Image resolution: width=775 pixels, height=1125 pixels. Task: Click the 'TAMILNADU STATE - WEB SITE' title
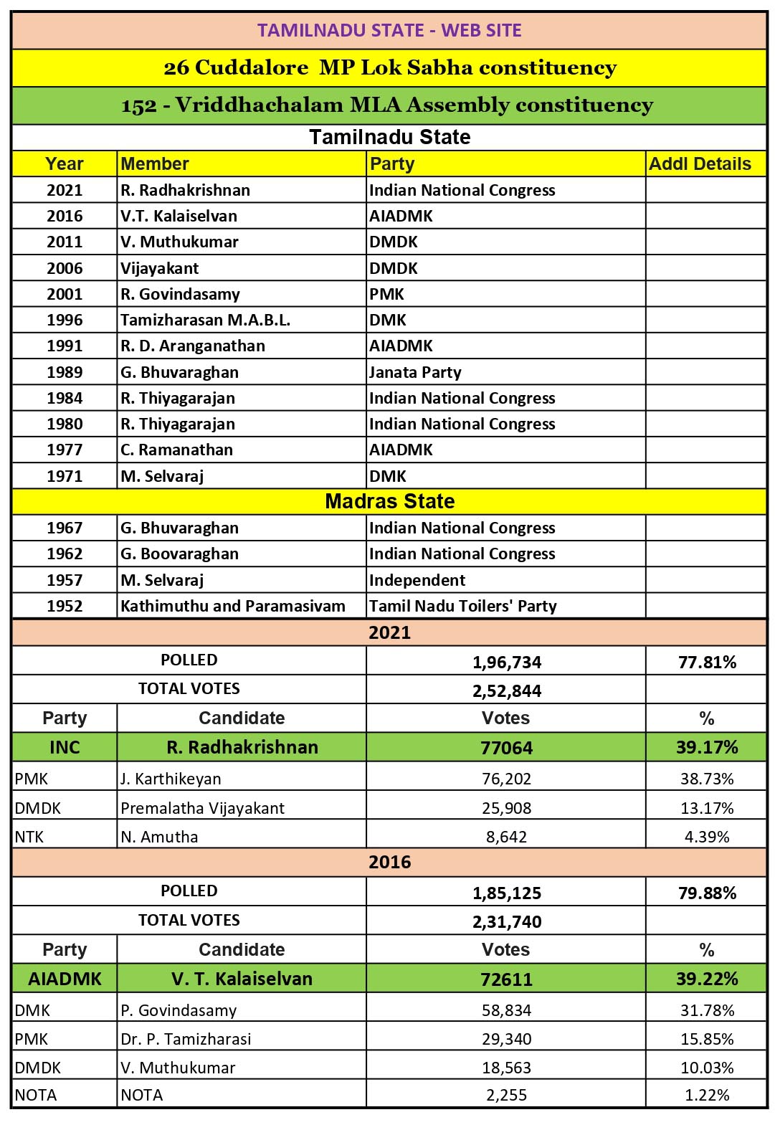(x=389, y=30)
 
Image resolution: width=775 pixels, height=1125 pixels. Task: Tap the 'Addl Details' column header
(x=700, y=164)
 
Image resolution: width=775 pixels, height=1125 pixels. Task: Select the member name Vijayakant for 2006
(x=160, y=268)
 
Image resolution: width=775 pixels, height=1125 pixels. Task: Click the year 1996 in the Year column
(x=65, y=320)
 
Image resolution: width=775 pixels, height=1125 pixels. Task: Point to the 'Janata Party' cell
(x=415, y=372)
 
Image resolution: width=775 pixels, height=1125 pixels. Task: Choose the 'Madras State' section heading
(x=389, y=501)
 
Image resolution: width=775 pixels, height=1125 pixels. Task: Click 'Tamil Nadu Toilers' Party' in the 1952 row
(x=462, y=606)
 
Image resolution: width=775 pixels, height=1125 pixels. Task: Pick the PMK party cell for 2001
(x=386, y=294)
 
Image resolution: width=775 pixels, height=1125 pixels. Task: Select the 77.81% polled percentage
(x=707, y=662)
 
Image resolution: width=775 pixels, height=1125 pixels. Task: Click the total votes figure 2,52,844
(x=506, y=690)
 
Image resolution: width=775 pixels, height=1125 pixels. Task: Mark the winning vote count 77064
(x=506, y=748)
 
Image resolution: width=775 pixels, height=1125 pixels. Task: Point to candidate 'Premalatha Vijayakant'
(x=202, y=808)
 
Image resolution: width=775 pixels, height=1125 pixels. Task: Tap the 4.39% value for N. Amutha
(x=707, y=837)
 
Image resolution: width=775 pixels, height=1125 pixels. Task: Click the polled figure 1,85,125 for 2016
(x=506, y=893)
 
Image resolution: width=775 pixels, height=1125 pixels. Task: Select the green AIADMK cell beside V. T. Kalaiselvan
(x=65, y=979)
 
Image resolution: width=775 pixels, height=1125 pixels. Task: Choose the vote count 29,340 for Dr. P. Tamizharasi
(x=506, y=1039)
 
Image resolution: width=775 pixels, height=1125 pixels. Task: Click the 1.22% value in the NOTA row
(x=707, y=1095)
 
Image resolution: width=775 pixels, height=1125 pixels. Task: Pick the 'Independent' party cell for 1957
(x=417, y=580)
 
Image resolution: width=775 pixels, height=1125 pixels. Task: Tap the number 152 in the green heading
(x=139, y=105)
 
